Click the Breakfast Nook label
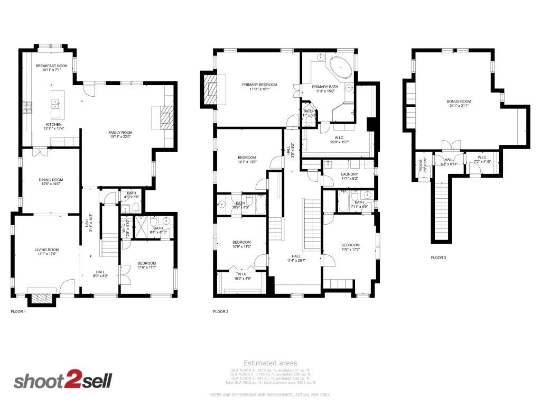point(51,66)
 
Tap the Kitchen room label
point(54,125)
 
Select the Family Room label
point(120,133)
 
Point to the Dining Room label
point(51,180)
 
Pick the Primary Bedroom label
point(259,85)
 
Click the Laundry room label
point(349,174)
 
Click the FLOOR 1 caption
point(18,312)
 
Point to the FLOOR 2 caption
point(220,312)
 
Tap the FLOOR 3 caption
point(438,257)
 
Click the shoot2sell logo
point(62,381)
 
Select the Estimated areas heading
point(270,363)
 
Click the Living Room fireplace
point(40,299)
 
